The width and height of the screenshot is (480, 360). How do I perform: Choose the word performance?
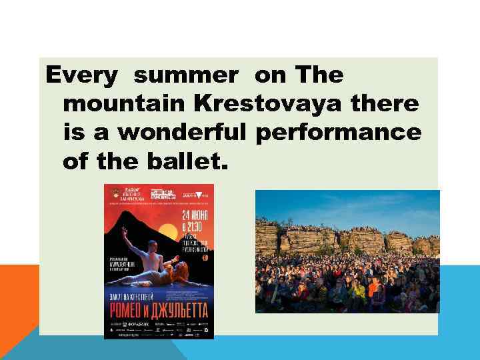click(339, 133)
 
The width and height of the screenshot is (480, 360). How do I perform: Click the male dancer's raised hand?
click(125, 230)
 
